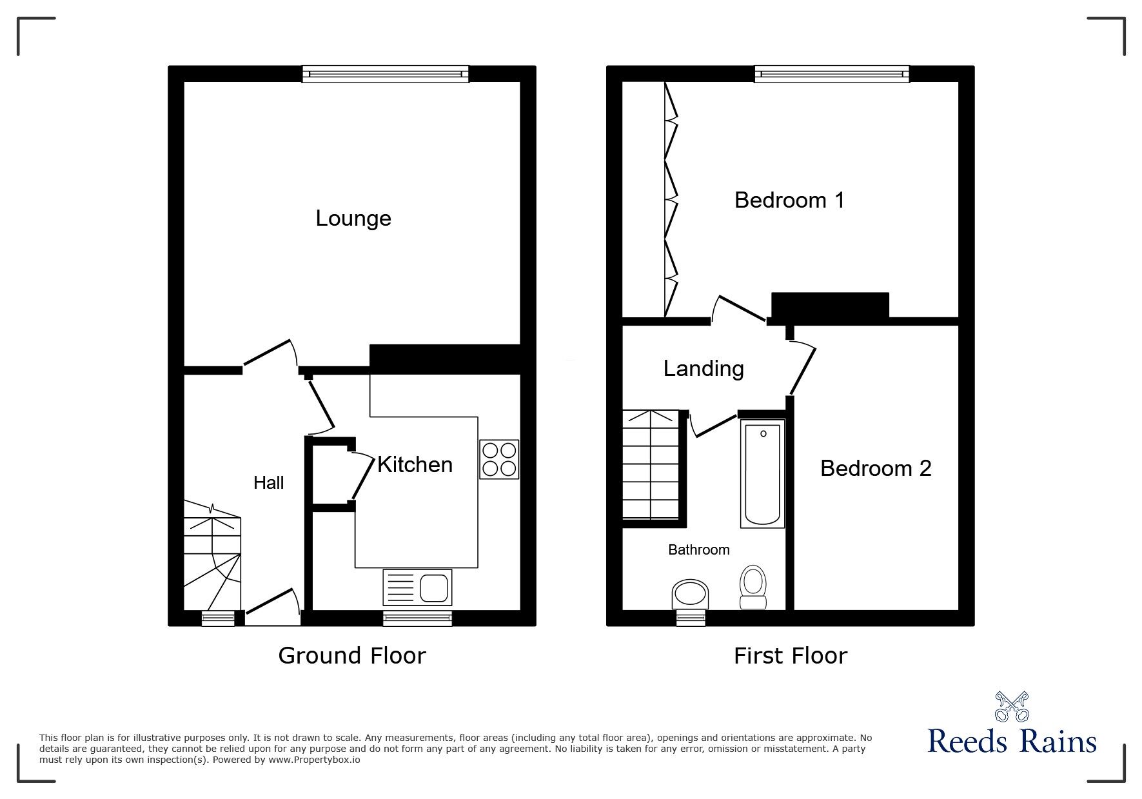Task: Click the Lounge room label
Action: tap(353, 219)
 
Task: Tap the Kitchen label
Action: tap(415, 464)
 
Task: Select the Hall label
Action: tap(268, 483)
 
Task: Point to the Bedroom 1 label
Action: tap(789, 201)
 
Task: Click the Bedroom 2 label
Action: tap(876, 468)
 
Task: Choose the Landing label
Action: tap(704, 368)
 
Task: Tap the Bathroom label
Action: tap(699, 550)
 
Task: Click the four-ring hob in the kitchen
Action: tap(499, 459)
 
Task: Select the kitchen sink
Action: tap(417, 587)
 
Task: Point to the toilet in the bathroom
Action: tap(753, 587)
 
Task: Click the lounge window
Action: tap(386, 75)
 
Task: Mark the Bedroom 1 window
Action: tap(832, 75)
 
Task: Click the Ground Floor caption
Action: tap(352, 656)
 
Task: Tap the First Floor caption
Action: tap(791, 656)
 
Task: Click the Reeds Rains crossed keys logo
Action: tap(1012, 707)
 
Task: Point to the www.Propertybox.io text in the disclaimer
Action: tap(314, 760)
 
